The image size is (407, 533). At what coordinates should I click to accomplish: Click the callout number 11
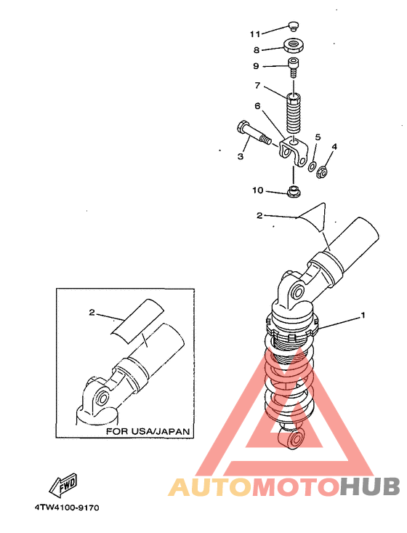255,34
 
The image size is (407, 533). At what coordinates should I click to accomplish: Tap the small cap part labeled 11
293,26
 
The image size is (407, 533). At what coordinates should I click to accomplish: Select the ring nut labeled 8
293,46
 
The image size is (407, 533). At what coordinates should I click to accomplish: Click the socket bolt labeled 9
293,68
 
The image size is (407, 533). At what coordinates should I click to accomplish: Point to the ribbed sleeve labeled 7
293,114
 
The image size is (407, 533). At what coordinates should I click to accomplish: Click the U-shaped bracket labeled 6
294,151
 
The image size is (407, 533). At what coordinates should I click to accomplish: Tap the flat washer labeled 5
312,167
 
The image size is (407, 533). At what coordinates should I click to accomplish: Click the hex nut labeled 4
322,171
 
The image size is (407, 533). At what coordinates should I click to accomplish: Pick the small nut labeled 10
293,191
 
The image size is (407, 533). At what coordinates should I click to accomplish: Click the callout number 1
363,316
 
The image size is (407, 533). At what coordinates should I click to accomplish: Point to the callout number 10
258,190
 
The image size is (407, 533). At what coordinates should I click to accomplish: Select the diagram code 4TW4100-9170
67,508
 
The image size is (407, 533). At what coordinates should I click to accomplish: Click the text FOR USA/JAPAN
148,431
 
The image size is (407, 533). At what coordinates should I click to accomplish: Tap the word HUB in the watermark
370,486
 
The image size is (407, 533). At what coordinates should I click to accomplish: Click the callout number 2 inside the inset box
92,312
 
